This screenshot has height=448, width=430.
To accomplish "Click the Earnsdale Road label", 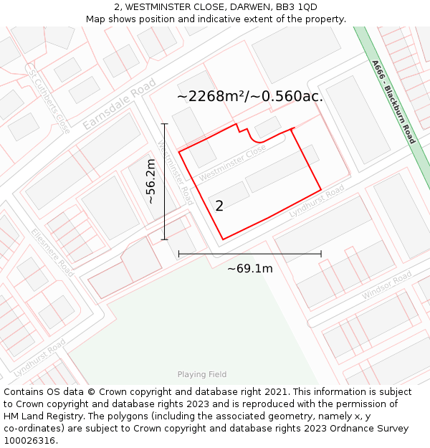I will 119,104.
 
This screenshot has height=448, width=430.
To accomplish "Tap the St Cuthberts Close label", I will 49,100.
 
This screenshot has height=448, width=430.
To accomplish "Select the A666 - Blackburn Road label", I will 393,102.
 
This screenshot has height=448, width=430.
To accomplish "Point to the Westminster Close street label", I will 232,163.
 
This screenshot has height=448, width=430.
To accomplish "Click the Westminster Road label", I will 175,172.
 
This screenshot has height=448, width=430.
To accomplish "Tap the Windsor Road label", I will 386,286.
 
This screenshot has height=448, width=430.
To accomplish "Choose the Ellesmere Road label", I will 52,253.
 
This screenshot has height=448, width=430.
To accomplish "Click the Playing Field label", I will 202,374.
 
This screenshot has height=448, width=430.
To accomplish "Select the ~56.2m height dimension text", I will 151,182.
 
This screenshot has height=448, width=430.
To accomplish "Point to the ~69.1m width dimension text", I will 249,269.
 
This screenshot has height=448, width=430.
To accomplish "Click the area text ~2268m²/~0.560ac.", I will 249,96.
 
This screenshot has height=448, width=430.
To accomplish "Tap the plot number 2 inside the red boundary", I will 219,206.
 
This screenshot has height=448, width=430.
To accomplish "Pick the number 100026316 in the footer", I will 31,441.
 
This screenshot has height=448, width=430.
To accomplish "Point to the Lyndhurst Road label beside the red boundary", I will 317,201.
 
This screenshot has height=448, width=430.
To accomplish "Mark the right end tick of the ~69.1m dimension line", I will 321,254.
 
